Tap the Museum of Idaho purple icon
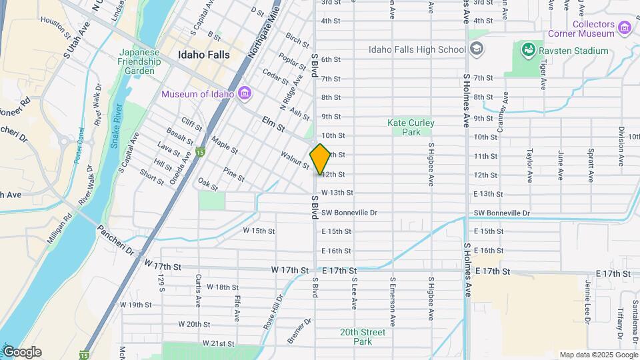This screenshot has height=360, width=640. pyautogui.click(x=244, y=93)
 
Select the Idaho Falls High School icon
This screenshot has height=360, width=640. pyautogui.click(x=477, y=49)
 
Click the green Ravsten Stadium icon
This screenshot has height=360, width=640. pyautogui.click(x=528, y=50)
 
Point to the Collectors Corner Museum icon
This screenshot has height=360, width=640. pyautogui.click(x=624, y=27)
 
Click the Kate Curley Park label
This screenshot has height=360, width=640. pyautogui.click(x=411, y=127)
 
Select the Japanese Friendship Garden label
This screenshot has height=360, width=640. pyautogui.click(x=140, y=62)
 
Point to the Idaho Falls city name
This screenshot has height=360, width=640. pyautogui.click(x=203, y=54)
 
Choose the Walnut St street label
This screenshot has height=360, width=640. pyautogui.click(x=294, y=160)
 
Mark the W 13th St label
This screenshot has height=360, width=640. pyautogui.click(x=337, y=193)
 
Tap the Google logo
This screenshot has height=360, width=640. pyautogui.click(x=22, y=352)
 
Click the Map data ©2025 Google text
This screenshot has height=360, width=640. pyautogui.click(x=597, y=355)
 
